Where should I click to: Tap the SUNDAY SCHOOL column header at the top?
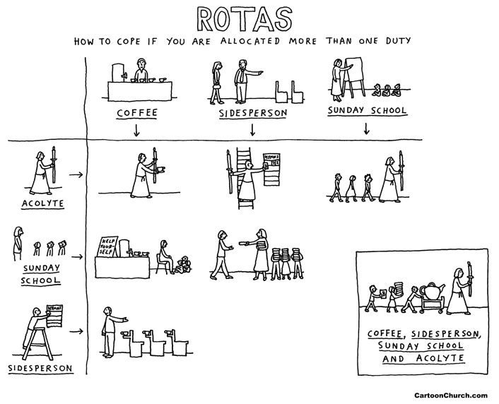(x=367, y=111)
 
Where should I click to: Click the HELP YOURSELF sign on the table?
(x=107, y=245)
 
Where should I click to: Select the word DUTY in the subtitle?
(x=411, y=40)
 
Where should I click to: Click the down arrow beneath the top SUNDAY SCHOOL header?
(x=367, y=129)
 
